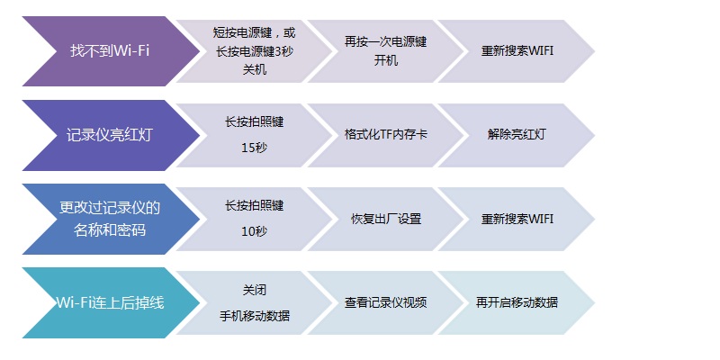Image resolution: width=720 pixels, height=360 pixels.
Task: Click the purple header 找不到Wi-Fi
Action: (110, 51)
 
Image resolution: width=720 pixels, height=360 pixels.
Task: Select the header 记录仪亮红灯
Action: (110, 135)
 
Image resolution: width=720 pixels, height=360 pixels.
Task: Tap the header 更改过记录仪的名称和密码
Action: (110, 219)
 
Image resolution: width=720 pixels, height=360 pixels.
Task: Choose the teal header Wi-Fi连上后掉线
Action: (110, 303)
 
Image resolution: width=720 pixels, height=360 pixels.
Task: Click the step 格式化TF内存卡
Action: (386, 134)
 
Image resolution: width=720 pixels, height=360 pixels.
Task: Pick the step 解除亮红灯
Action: (517, 134)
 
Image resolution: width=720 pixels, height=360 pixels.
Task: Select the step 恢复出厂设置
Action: (386, 219)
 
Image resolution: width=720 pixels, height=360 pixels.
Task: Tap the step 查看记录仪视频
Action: (386, 302)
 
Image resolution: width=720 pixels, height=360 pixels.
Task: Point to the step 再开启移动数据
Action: (517, 302)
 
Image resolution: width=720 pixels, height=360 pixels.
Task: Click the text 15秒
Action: (255, 148)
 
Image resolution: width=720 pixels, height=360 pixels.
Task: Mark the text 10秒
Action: (255, 232)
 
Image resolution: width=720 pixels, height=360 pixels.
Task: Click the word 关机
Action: (255, 70)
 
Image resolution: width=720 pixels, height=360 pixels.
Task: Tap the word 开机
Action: (386, 60)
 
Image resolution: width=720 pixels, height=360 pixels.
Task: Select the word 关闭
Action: (255, 290)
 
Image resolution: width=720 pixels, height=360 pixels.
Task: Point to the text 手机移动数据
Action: (255, 316)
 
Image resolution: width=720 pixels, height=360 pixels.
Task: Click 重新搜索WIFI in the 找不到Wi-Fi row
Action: (517, 51)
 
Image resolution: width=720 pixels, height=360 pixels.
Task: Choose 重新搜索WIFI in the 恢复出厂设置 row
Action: (517, 219)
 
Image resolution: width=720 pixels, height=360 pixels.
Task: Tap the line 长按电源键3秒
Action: (255, 51)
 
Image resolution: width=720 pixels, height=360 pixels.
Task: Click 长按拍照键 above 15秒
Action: (255, 121)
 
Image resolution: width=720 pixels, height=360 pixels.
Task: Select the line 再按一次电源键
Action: (386, 41)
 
